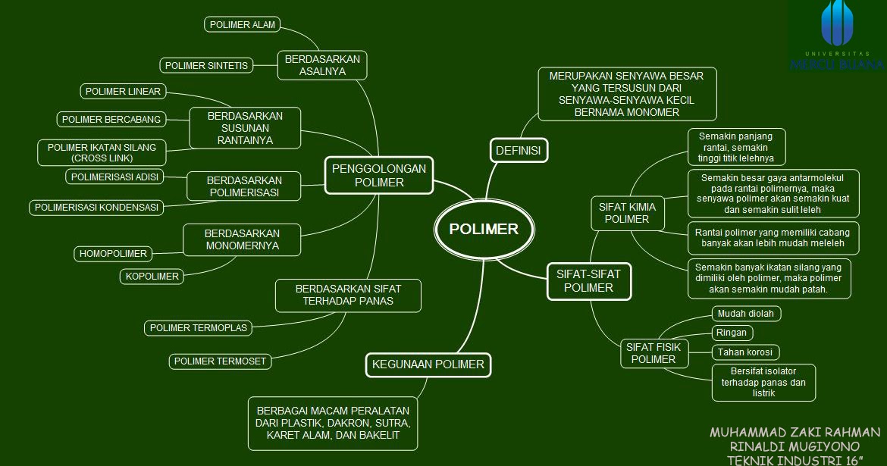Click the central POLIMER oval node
[484, 230]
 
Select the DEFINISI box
[518, 151]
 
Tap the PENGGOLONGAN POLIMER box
[379, 175]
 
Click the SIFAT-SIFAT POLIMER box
[588, 280]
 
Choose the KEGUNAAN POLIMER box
[428, 364]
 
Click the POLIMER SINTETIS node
[206, 66]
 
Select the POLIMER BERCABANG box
[111, 119]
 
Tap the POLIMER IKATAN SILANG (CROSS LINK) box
[102, 152]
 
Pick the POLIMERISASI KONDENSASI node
[96, 207]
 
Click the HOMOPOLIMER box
[113, 254]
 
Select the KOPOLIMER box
[152, 277]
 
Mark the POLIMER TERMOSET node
[220, 361]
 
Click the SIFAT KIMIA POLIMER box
[627, 212]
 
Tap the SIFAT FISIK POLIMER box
[653, 353]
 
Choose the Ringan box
[732, 333]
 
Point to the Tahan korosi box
[745, 352]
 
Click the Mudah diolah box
[746, 313]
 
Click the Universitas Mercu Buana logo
[837, 36]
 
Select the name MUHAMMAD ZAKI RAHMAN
[795, 432]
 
